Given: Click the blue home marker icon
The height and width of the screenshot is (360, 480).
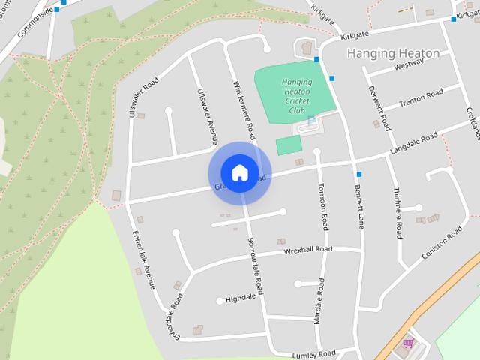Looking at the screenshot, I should pyautogui.click(x=239, y=172).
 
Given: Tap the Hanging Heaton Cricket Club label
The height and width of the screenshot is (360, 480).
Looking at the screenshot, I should pyautogui.click(x=297, y=97).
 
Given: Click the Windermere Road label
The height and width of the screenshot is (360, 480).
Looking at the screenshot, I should pyautogui.click(x=244, y=111).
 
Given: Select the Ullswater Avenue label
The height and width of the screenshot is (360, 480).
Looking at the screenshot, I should pyautogui.click(x=205, y=116).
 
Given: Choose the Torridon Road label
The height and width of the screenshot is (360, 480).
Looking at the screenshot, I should pyautogui.click(x=324, y=206).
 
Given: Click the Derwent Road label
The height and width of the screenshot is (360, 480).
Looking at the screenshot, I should pyautogui.click(x=379, y=108).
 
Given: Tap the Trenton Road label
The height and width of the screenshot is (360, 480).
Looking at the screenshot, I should pyautogui.click(x=421, y=98).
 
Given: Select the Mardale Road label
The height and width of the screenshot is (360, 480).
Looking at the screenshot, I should pyautogui.click(x=319, y=301).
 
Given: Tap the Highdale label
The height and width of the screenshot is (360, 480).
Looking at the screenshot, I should pyautogui.click(x=241, y=297).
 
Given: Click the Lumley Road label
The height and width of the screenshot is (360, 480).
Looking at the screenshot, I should pyautogui.click(x=314, y=353).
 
